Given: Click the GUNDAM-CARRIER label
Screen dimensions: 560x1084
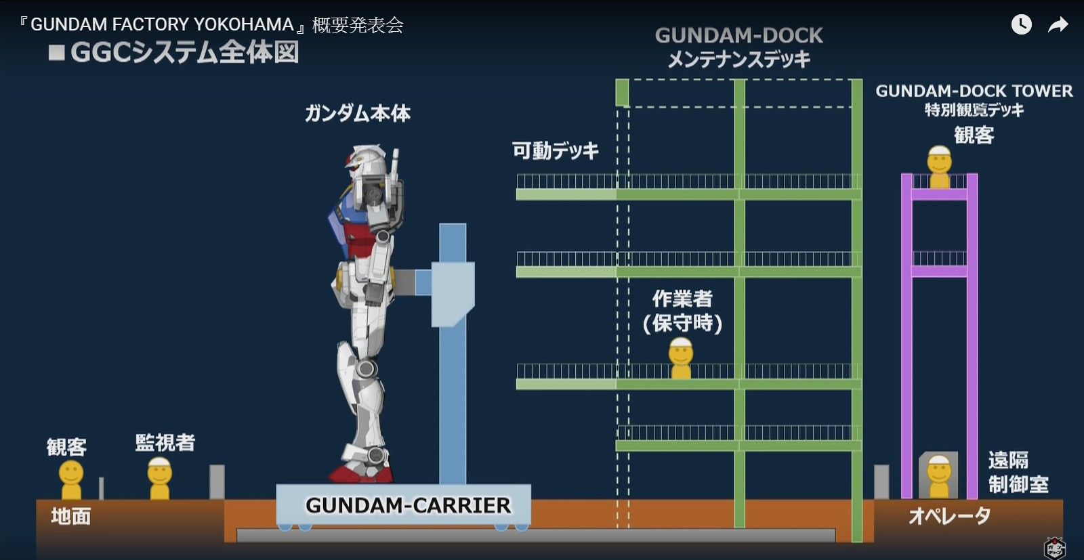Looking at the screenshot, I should click(x=408, y=506).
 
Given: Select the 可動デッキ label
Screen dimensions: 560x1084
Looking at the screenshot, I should click(x=556, y=150).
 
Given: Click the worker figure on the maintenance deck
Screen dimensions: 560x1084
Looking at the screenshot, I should click(x=681, y=359).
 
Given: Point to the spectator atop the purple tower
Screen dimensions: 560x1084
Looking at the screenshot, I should click(x=940, y=167).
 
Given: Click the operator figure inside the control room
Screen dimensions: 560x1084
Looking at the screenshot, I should click(x=939, y=476).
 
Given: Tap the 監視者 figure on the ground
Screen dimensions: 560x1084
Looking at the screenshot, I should click(x=160, y=478).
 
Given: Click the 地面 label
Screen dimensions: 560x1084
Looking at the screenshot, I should click(x=71, y=517).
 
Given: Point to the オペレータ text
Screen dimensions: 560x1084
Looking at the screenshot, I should click(x=949, y=517).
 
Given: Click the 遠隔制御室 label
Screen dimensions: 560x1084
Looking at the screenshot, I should click(x=1018, y=473).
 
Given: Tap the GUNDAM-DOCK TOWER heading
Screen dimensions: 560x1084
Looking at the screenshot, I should click(x=974, y=91).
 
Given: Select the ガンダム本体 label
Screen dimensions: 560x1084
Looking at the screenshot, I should click(x=358, y=113).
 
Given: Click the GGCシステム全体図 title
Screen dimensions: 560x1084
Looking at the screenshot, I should click(x=184, y=53).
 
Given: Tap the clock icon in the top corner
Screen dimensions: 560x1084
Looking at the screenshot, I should click(x=1022, y=25).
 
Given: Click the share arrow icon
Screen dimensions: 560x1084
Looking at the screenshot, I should click(x=1058, y=25).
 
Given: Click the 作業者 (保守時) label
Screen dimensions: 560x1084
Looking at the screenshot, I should click(x=682, y=311).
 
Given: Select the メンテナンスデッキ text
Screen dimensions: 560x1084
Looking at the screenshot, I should click(x=738, y=60).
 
